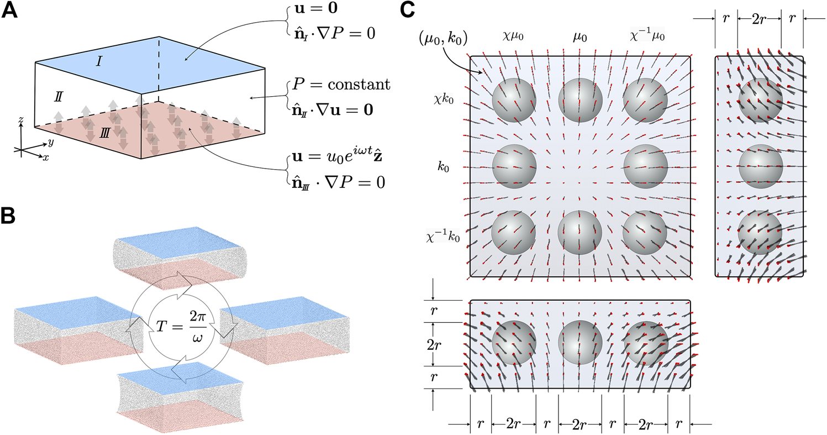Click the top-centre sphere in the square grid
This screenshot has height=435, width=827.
tap(580, 99)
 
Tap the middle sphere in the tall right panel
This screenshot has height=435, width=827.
tap(760, 166)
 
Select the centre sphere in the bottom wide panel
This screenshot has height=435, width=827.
tap(580, 344)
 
